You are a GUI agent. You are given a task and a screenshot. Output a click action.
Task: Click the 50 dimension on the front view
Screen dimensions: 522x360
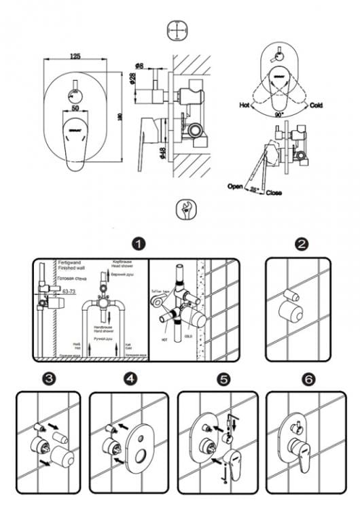(74, 108)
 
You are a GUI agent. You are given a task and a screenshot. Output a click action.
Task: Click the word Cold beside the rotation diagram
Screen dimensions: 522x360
(316, 106)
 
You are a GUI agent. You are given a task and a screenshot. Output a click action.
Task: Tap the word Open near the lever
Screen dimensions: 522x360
(236, 185)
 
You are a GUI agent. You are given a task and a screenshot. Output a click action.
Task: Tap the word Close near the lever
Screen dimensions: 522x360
(274, 192)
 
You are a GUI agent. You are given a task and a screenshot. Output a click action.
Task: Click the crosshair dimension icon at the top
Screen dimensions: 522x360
(177, 31)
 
